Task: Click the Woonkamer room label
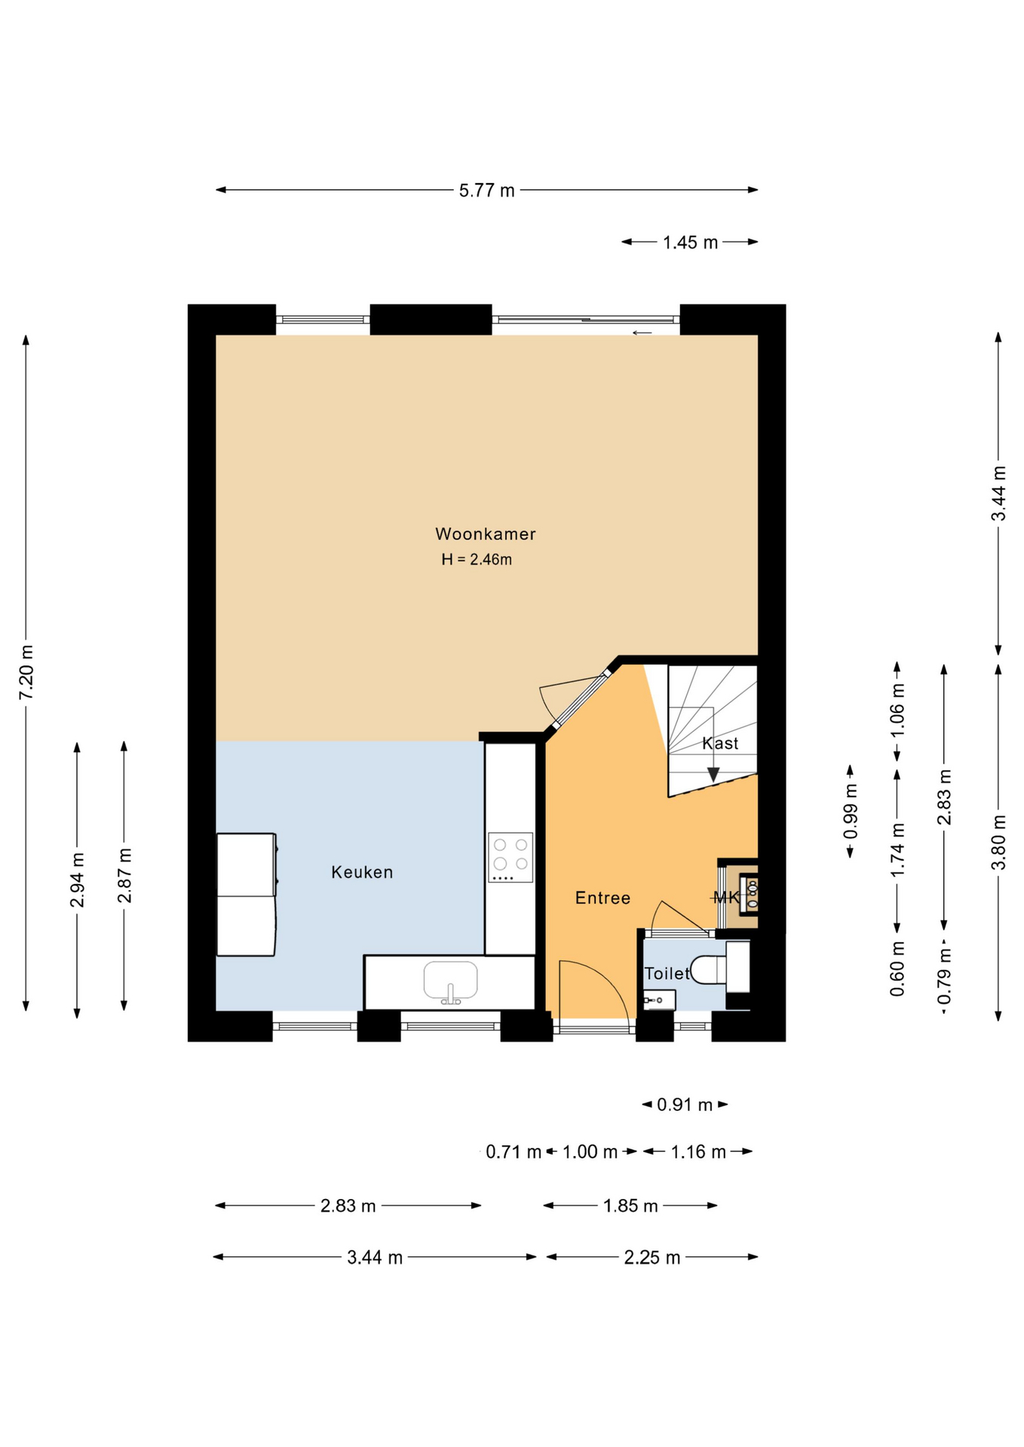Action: coord(486,534)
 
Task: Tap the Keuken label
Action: coord(362,872)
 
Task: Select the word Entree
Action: coord(602,898)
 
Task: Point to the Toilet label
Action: coord(667,973)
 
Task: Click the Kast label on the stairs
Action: coord(720,743)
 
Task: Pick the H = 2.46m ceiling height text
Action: coord(477,559)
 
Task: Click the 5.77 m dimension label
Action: coord(487,191)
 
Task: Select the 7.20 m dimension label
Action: coord(26,672)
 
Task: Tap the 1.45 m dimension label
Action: coord(691,243)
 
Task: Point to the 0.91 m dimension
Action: coord(685,1105)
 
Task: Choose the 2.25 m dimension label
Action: coord(652,1257)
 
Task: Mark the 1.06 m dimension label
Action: coord(897,711)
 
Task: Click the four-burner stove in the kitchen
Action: coord(510,857)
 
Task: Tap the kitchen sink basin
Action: coord(450,980)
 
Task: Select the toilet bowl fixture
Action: coord(709,970)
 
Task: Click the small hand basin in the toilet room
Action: coord(659,1000)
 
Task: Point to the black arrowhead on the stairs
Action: coord(713,774)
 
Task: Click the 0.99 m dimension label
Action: coord(851,811)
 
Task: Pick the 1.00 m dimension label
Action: coord(590,1152)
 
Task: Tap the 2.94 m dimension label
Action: coord(77,880)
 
